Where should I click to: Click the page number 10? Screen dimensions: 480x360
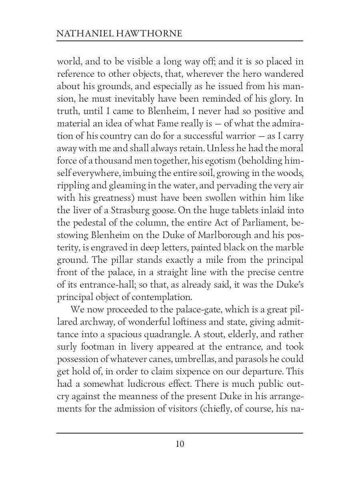180,444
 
